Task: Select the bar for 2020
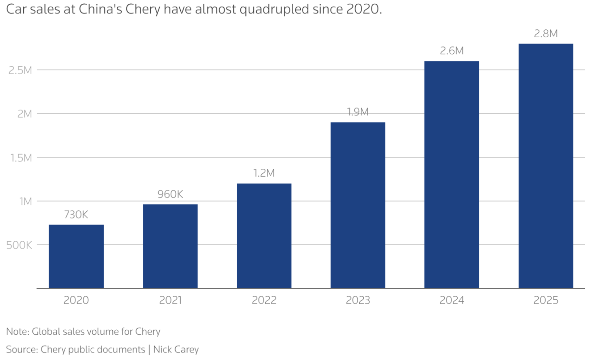pyautogui.click(x=76, y=256)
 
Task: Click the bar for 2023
pyautogui.click(x=358, y=205)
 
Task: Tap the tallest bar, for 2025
pyautogui.click(x=545, y=166)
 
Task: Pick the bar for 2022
pyautogui.click(x=264, y=236)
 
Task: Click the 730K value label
pyautogui.click(x=76, y=215)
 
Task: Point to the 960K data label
pyautogui.click(x=170, y=194)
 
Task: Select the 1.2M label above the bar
pyautogui.click(x=264, y=173)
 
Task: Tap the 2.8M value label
pyautogui.click(x=545, y=34)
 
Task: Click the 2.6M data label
pyautogui.click(x=451, y=51)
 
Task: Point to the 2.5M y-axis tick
pyautogui.click(x=20, y=70)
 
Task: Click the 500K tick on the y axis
pyautogui.click(x=19, y=245)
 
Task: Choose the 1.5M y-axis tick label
pyautogui.click(x=21, y=158)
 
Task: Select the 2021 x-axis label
pyautogui.click(x=170, y=300)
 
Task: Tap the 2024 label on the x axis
pyautogui.click(x=451, y=300)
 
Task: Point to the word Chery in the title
pyautogui.click(x=143, y=9)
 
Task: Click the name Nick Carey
pyautogui.click(x=176, y=349)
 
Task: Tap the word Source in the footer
pyautogui.click(x=21, y=349)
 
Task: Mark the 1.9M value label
pyautogui.click(x=358, y=112)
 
